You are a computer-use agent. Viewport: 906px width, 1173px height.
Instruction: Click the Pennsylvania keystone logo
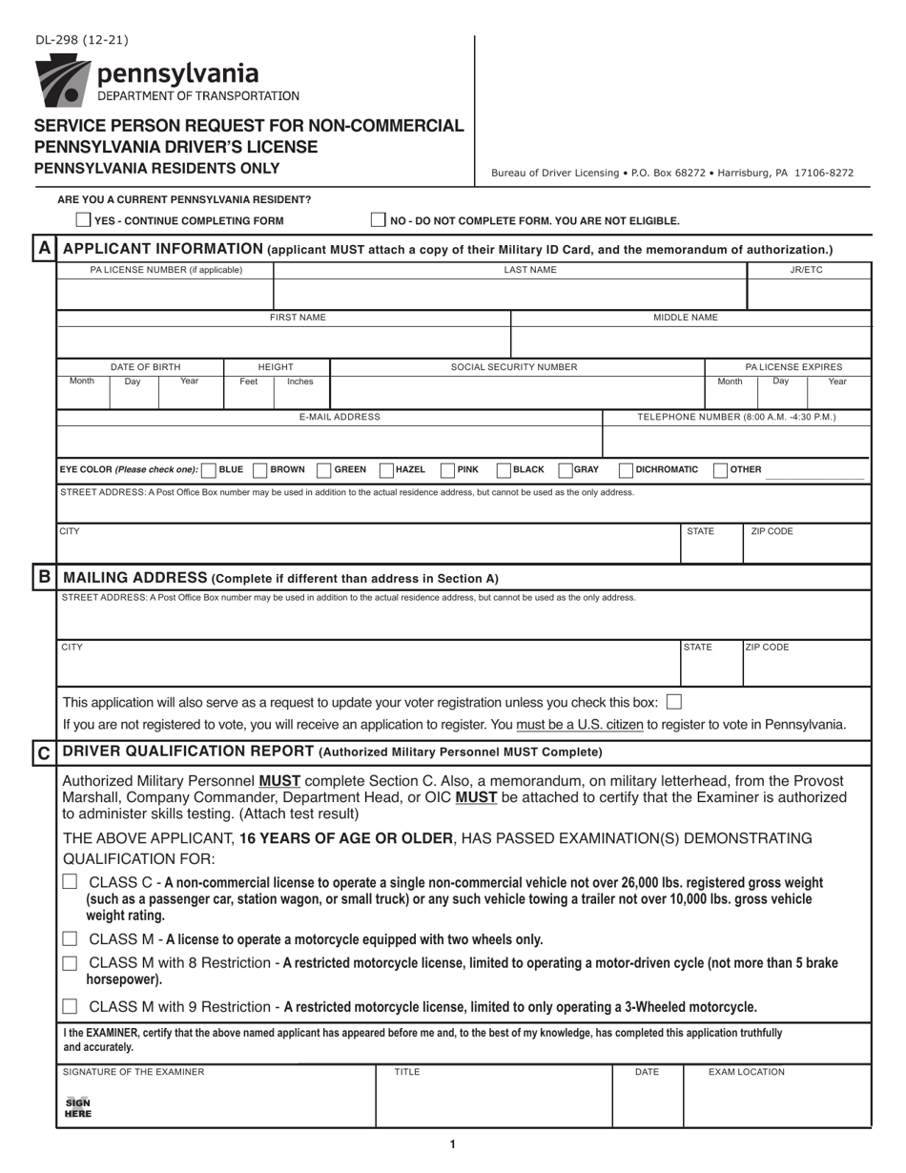click(63, 80)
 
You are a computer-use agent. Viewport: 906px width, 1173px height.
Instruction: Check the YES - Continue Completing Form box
click(84, 220)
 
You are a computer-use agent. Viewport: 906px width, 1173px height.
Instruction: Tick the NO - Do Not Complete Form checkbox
click(379, 220)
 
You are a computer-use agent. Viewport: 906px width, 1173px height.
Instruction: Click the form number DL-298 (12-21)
click(81, 40)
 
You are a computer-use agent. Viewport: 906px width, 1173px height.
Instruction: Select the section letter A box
click(44, 249)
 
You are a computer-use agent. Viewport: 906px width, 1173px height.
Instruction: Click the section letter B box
click(44, 577)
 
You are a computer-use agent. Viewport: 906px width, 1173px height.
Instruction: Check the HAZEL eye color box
click(387, 469)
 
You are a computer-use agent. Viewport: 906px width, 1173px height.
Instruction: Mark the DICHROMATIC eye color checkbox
click(627, 469)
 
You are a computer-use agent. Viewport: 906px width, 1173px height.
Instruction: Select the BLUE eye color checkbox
click(211, 469)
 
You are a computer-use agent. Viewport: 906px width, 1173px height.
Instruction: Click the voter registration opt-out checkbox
click(674, 702)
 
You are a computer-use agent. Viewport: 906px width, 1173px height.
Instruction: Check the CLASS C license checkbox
click(70, 882)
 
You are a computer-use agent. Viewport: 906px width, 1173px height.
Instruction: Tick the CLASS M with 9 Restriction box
click(70, 1006)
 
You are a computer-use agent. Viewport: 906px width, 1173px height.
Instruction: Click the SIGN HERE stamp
click(77, 1106)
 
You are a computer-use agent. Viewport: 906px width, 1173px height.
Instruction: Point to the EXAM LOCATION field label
click(746, 1072)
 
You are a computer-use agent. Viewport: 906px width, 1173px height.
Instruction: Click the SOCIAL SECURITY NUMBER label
click(514, 366)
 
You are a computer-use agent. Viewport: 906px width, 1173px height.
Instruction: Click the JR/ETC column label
click(806, 270)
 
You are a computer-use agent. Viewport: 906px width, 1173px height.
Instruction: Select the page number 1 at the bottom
click(452, 1144)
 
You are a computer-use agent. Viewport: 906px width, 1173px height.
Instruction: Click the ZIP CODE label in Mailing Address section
click(768, 647)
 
